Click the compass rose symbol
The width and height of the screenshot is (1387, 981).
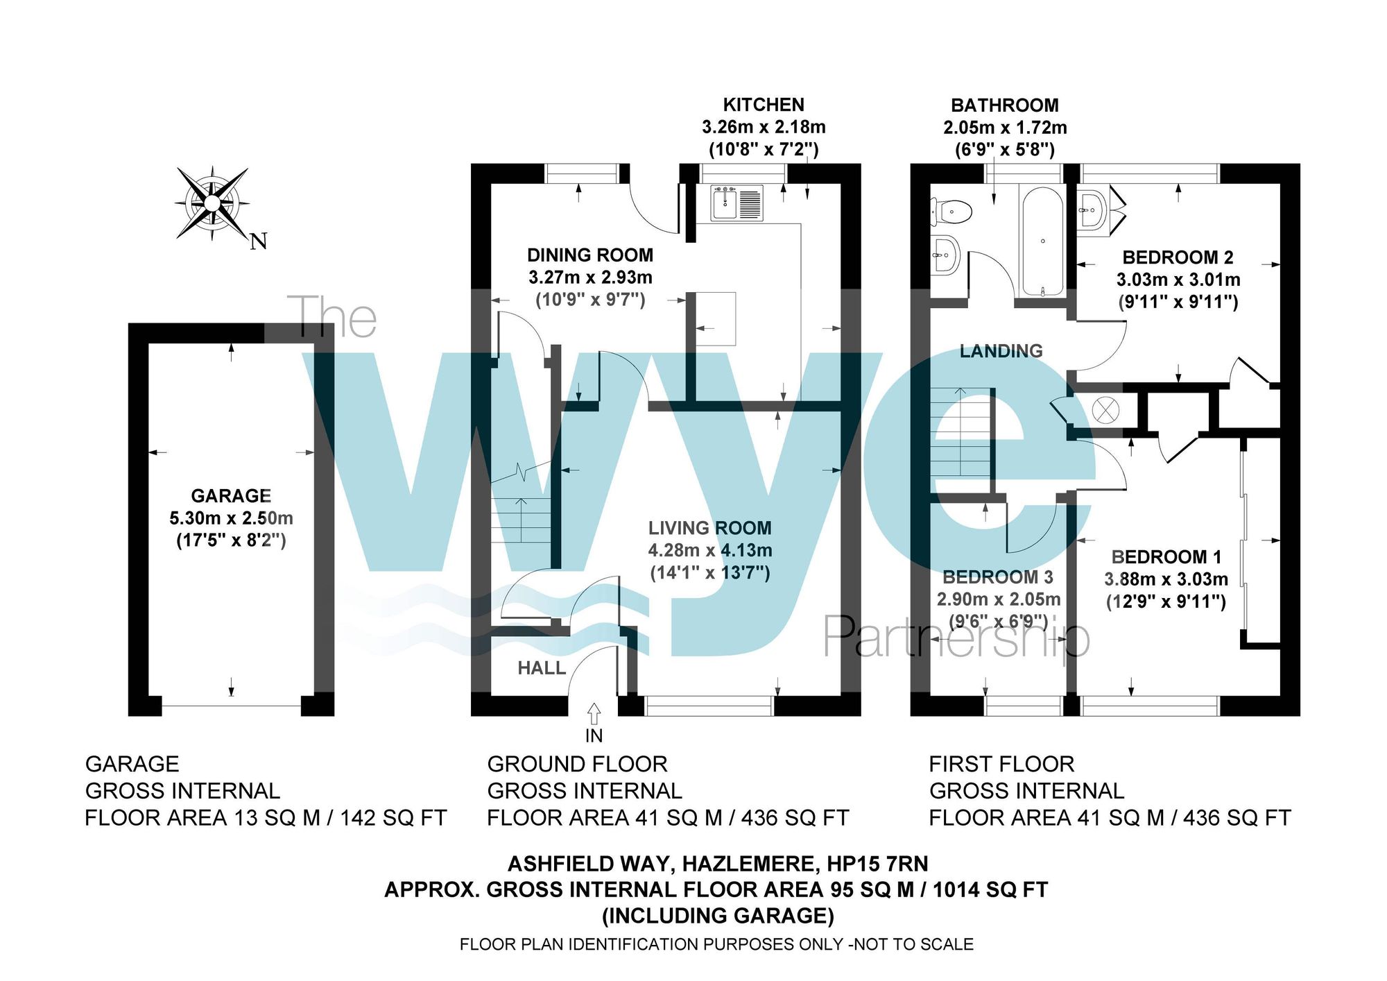coord(212,203)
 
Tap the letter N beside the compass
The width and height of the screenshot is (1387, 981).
coord(259,241)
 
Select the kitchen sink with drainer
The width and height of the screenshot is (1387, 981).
coord(736,203)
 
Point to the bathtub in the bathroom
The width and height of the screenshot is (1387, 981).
coord(1042,241)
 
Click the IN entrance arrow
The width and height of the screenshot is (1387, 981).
coord(594,714)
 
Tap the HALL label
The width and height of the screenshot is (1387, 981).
coord(542,668)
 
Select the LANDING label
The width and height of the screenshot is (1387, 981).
coord(1001,351)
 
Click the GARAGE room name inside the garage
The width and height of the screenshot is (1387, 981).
coord(231,495)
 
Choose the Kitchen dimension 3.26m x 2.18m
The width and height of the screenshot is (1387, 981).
coord(764,127)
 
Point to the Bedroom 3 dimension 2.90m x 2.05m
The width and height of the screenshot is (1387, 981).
coord(999,599)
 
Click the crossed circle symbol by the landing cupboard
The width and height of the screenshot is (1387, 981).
coord(1105,410)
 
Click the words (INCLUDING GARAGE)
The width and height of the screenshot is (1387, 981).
coord(717,916)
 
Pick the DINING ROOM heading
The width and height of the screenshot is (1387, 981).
coord(590,255)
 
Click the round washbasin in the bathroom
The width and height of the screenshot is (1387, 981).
coord(943,255)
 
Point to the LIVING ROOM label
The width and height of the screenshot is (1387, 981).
coord(709,528)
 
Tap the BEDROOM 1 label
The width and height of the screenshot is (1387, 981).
coord(1166,557)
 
